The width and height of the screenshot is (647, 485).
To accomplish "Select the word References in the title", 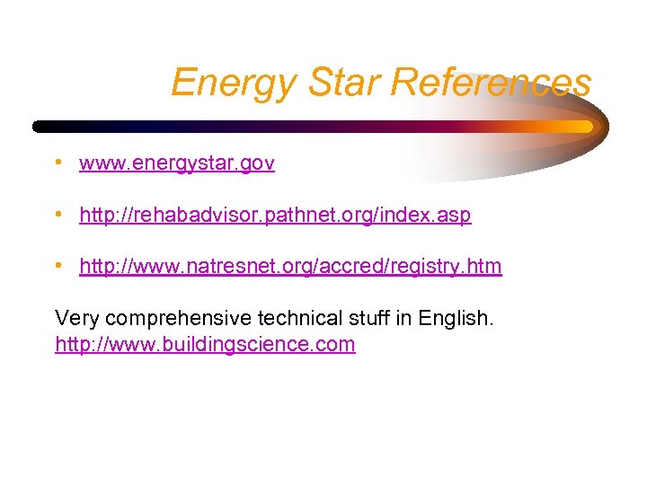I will [x=492, y=83].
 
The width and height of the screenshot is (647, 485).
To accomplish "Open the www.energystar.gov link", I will [x=177, y=163].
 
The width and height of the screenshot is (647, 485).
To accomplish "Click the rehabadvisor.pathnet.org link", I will [x=275, y=216].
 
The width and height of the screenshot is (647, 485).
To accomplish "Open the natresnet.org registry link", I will [x=290, y=267].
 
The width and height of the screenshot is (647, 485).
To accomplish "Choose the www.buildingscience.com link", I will [x=205, y=344].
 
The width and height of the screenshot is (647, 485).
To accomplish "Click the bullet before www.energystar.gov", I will [x=58, y=163].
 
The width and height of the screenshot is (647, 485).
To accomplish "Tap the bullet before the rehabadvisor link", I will [x=58, y=216].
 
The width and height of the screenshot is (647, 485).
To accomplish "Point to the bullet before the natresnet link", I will [x=58, y=267].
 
